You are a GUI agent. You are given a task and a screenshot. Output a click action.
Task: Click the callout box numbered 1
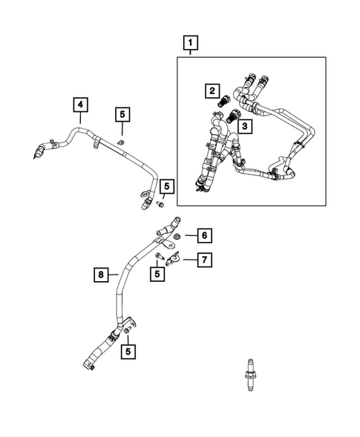192,43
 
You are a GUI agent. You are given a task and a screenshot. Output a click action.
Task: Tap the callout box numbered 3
246,127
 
